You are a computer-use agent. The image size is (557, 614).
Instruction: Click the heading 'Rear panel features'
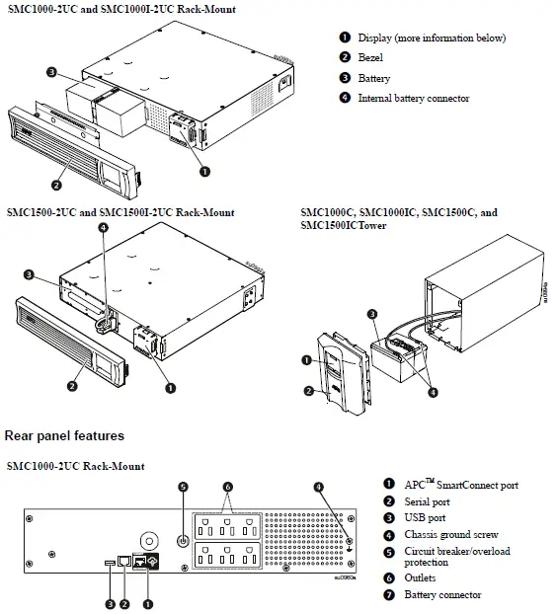pyautogui.click(x=64, y=435)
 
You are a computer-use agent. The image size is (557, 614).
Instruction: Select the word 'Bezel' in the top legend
pyautogui.click(x=372, y=58)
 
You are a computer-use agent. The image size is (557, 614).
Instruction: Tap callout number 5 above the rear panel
pyautogui.click(x=183, y=487)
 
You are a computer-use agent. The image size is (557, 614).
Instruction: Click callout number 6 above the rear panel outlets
pyautogui.click(x=229, y=487)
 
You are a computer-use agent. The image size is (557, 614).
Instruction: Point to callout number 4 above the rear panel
pyautogui.click(x=319, y=487)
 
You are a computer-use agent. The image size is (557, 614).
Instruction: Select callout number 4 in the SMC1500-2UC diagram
pyautogui.click(x=104, y=229)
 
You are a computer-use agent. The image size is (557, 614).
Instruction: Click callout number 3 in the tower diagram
pyautogui.click(x=371, y=314)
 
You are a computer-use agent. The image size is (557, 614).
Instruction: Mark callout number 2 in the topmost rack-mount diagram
pyautogui.click(x=57, y=185)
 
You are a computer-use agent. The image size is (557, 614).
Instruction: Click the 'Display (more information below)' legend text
pyautogui.click(x=431, y=38)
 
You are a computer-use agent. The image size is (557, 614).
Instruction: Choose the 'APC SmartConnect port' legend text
pyautogui.click(x=460, y=485)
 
